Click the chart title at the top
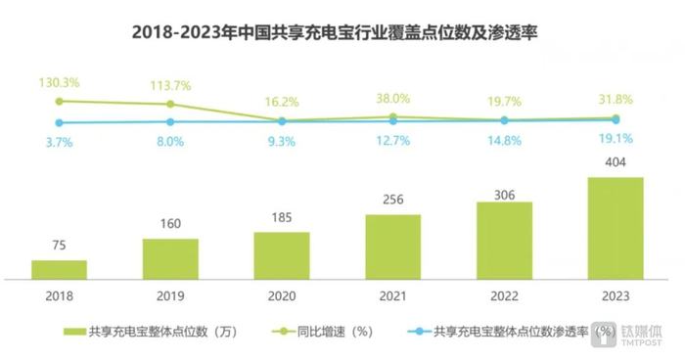(x=342, y=33)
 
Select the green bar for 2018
(x=59, y=268)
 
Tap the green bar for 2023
(x=616, y=227)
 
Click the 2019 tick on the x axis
(x=170, y=293)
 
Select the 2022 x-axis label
(x=504, y=293)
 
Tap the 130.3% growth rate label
(x=59, y=82)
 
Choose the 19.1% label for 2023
(x=616, y=139)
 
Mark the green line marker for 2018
(x=59, y=101)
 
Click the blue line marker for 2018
(x=59, y=122)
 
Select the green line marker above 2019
(x=170, y=104)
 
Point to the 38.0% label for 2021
(x=393, y=98)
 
